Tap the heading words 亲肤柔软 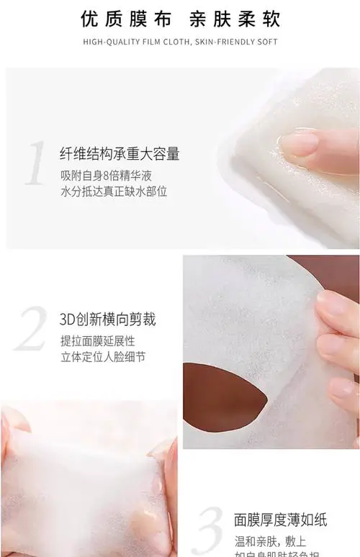point(231,19)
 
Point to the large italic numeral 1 point(37,163)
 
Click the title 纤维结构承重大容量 point(120,153)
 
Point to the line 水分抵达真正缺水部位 point(114,191)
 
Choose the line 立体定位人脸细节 point(103,356)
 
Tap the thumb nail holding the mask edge point(335,303)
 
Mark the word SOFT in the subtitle point(267,42)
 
